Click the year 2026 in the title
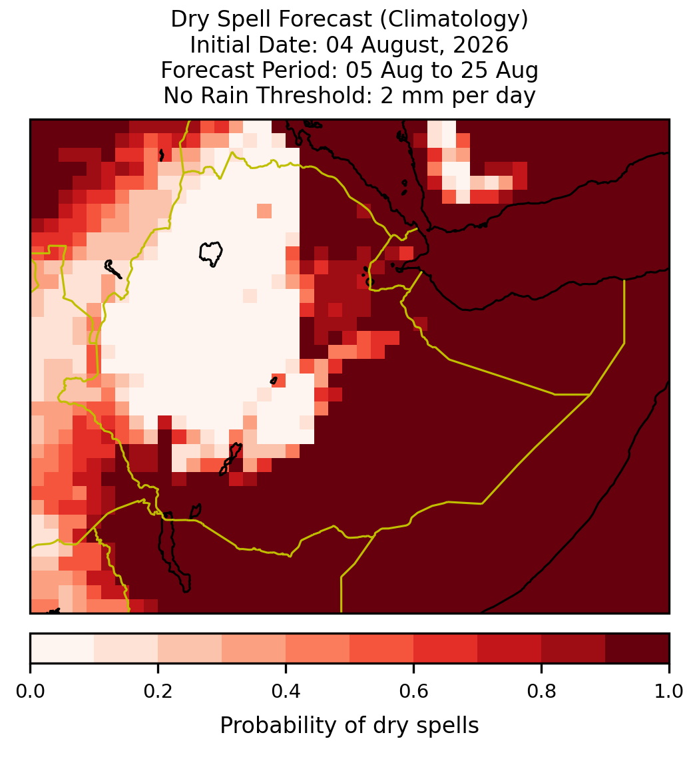481,45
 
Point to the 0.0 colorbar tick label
30,692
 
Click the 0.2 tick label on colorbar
158,692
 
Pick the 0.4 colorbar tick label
286,692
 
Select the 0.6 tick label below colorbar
414,692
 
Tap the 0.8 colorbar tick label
541,692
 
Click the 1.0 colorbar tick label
669,692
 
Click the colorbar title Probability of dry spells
349,726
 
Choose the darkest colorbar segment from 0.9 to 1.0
637,648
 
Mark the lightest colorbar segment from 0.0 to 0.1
63,648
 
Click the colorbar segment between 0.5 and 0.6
382,648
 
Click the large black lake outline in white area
211,254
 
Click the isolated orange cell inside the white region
264,211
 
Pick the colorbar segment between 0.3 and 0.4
254,648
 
